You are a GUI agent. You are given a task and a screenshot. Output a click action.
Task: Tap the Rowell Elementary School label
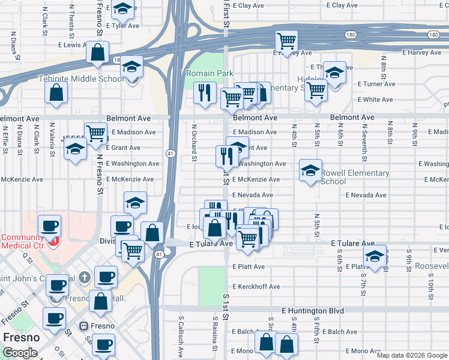pyautogui.click(x=354, y=177)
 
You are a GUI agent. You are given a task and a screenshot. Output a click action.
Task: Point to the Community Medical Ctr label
pyautogui.click(x=23, y=241)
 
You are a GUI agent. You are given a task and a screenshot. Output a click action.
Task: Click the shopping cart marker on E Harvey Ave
pyautogui.click(x=287, y=41)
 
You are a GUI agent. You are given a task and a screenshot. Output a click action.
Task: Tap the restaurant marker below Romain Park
pyautogui.click(x=205, y=92)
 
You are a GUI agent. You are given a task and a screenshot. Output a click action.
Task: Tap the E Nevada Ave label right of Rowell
pyautogui.click(x=366, y=195)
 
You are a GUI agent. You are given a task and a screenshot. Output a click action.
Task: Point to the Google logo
pyautogui.click(x=20, y=353)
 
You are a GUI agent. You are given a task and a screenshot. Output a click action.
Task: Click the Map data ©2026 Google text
pyautogui.click(x=412, y=355)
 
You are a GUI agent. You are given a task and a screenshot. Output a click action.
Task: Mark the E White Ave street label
pyautogui.click(x=375, y=100)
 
